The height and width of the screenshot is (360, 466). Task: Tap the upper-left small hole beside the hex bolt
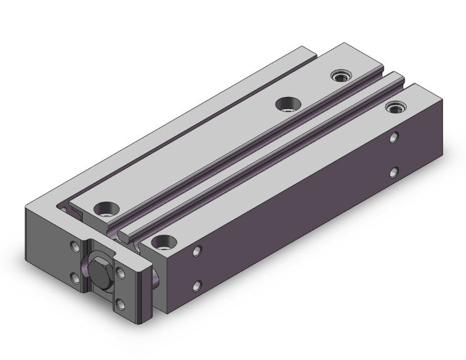[x=75, y=247]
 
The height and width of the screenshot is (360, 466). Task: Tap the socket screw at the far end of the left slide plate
[x=341, y=76]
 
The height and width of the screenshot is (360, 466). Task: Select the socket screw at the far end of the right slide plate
[x=395, y=108]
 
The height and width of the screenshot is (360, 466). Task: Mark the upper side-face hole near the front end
[x=198, y=251]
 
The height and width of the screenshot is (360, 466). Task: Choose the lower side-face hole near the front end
[x=198, y=286]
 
